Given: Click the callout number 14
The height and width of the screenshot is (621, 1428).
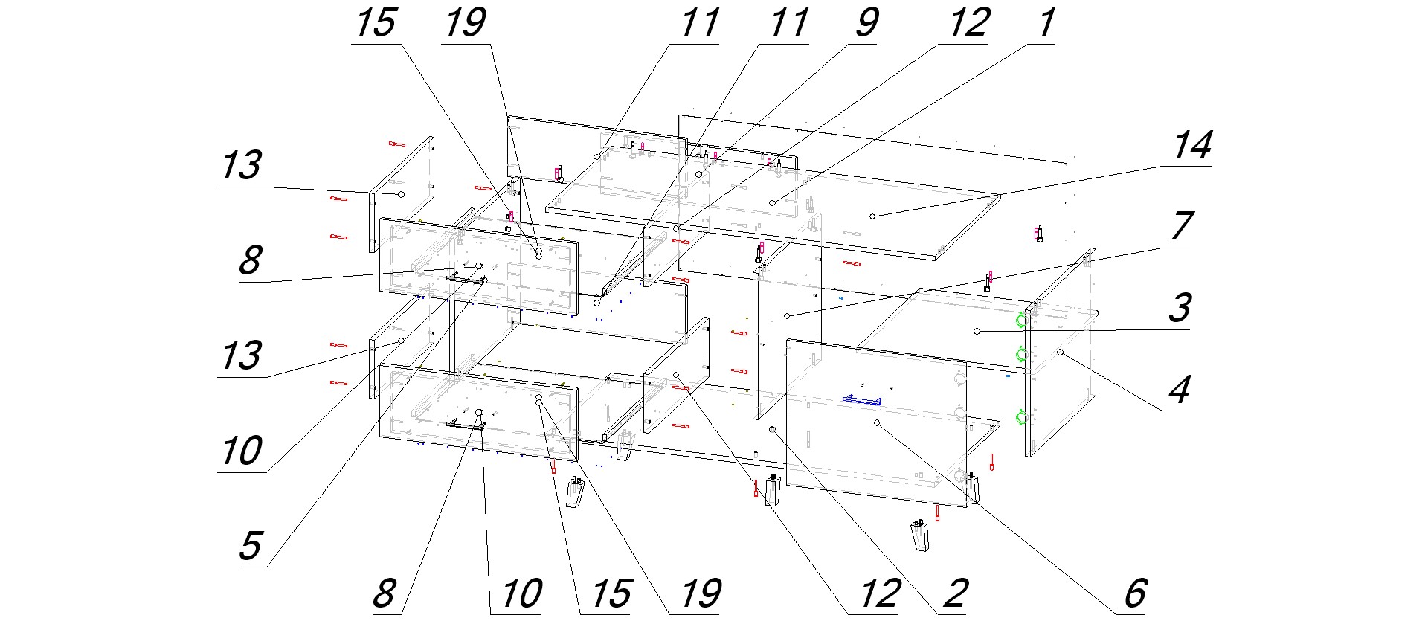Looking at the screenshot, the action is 1193,146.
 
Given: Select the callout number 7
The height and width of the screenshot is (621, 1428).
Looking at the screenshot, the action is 1182,227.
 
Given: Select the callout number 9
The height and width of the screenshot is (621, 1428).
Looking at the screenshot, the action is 867,23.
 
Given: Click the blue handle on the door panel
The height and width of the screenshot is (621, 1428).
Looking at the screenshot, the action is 861,400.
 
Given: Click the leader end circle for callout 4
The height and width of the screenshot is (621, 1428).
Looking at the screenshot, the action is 1061,352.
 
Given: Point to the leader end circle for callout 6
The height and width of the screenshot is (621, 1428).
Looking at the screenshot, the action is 877,422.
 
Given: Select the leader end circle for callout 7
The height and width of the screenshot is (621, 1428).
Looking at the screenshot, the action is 787,316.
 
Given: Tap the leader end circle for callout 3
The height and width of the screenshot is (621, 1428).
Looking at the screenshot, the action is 978,330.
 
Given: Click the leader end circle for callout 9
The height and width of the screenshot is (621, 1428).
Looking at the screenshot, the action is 699,174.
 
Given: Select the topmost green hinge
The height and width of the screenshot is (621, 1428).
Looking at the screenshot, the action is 1022,320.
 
